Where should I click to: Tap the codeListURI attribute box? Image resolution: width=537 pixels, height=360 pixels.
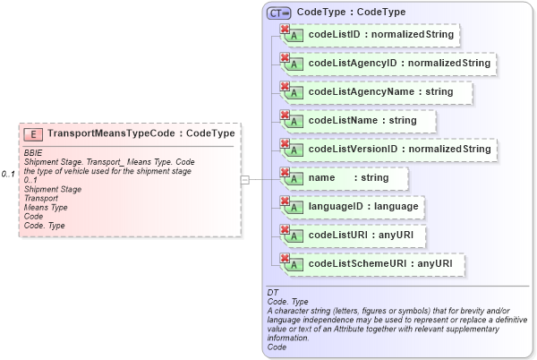pos(353,235)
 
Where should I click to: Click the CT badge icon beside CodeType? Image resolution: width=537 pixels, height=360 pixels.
pos(279,13)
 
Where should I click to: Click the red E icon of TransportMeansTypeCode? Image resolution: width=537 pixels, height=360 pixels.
pos(34,133)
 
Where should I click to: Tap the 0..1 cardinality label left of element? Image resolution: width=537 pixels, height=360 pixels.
pos(9,174)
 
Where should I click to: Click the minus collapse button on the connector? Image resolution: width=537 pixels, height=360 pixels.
pos(245,179)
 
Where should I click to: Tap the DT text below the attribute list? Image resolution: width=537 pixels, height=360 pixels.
pos(273,292)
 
